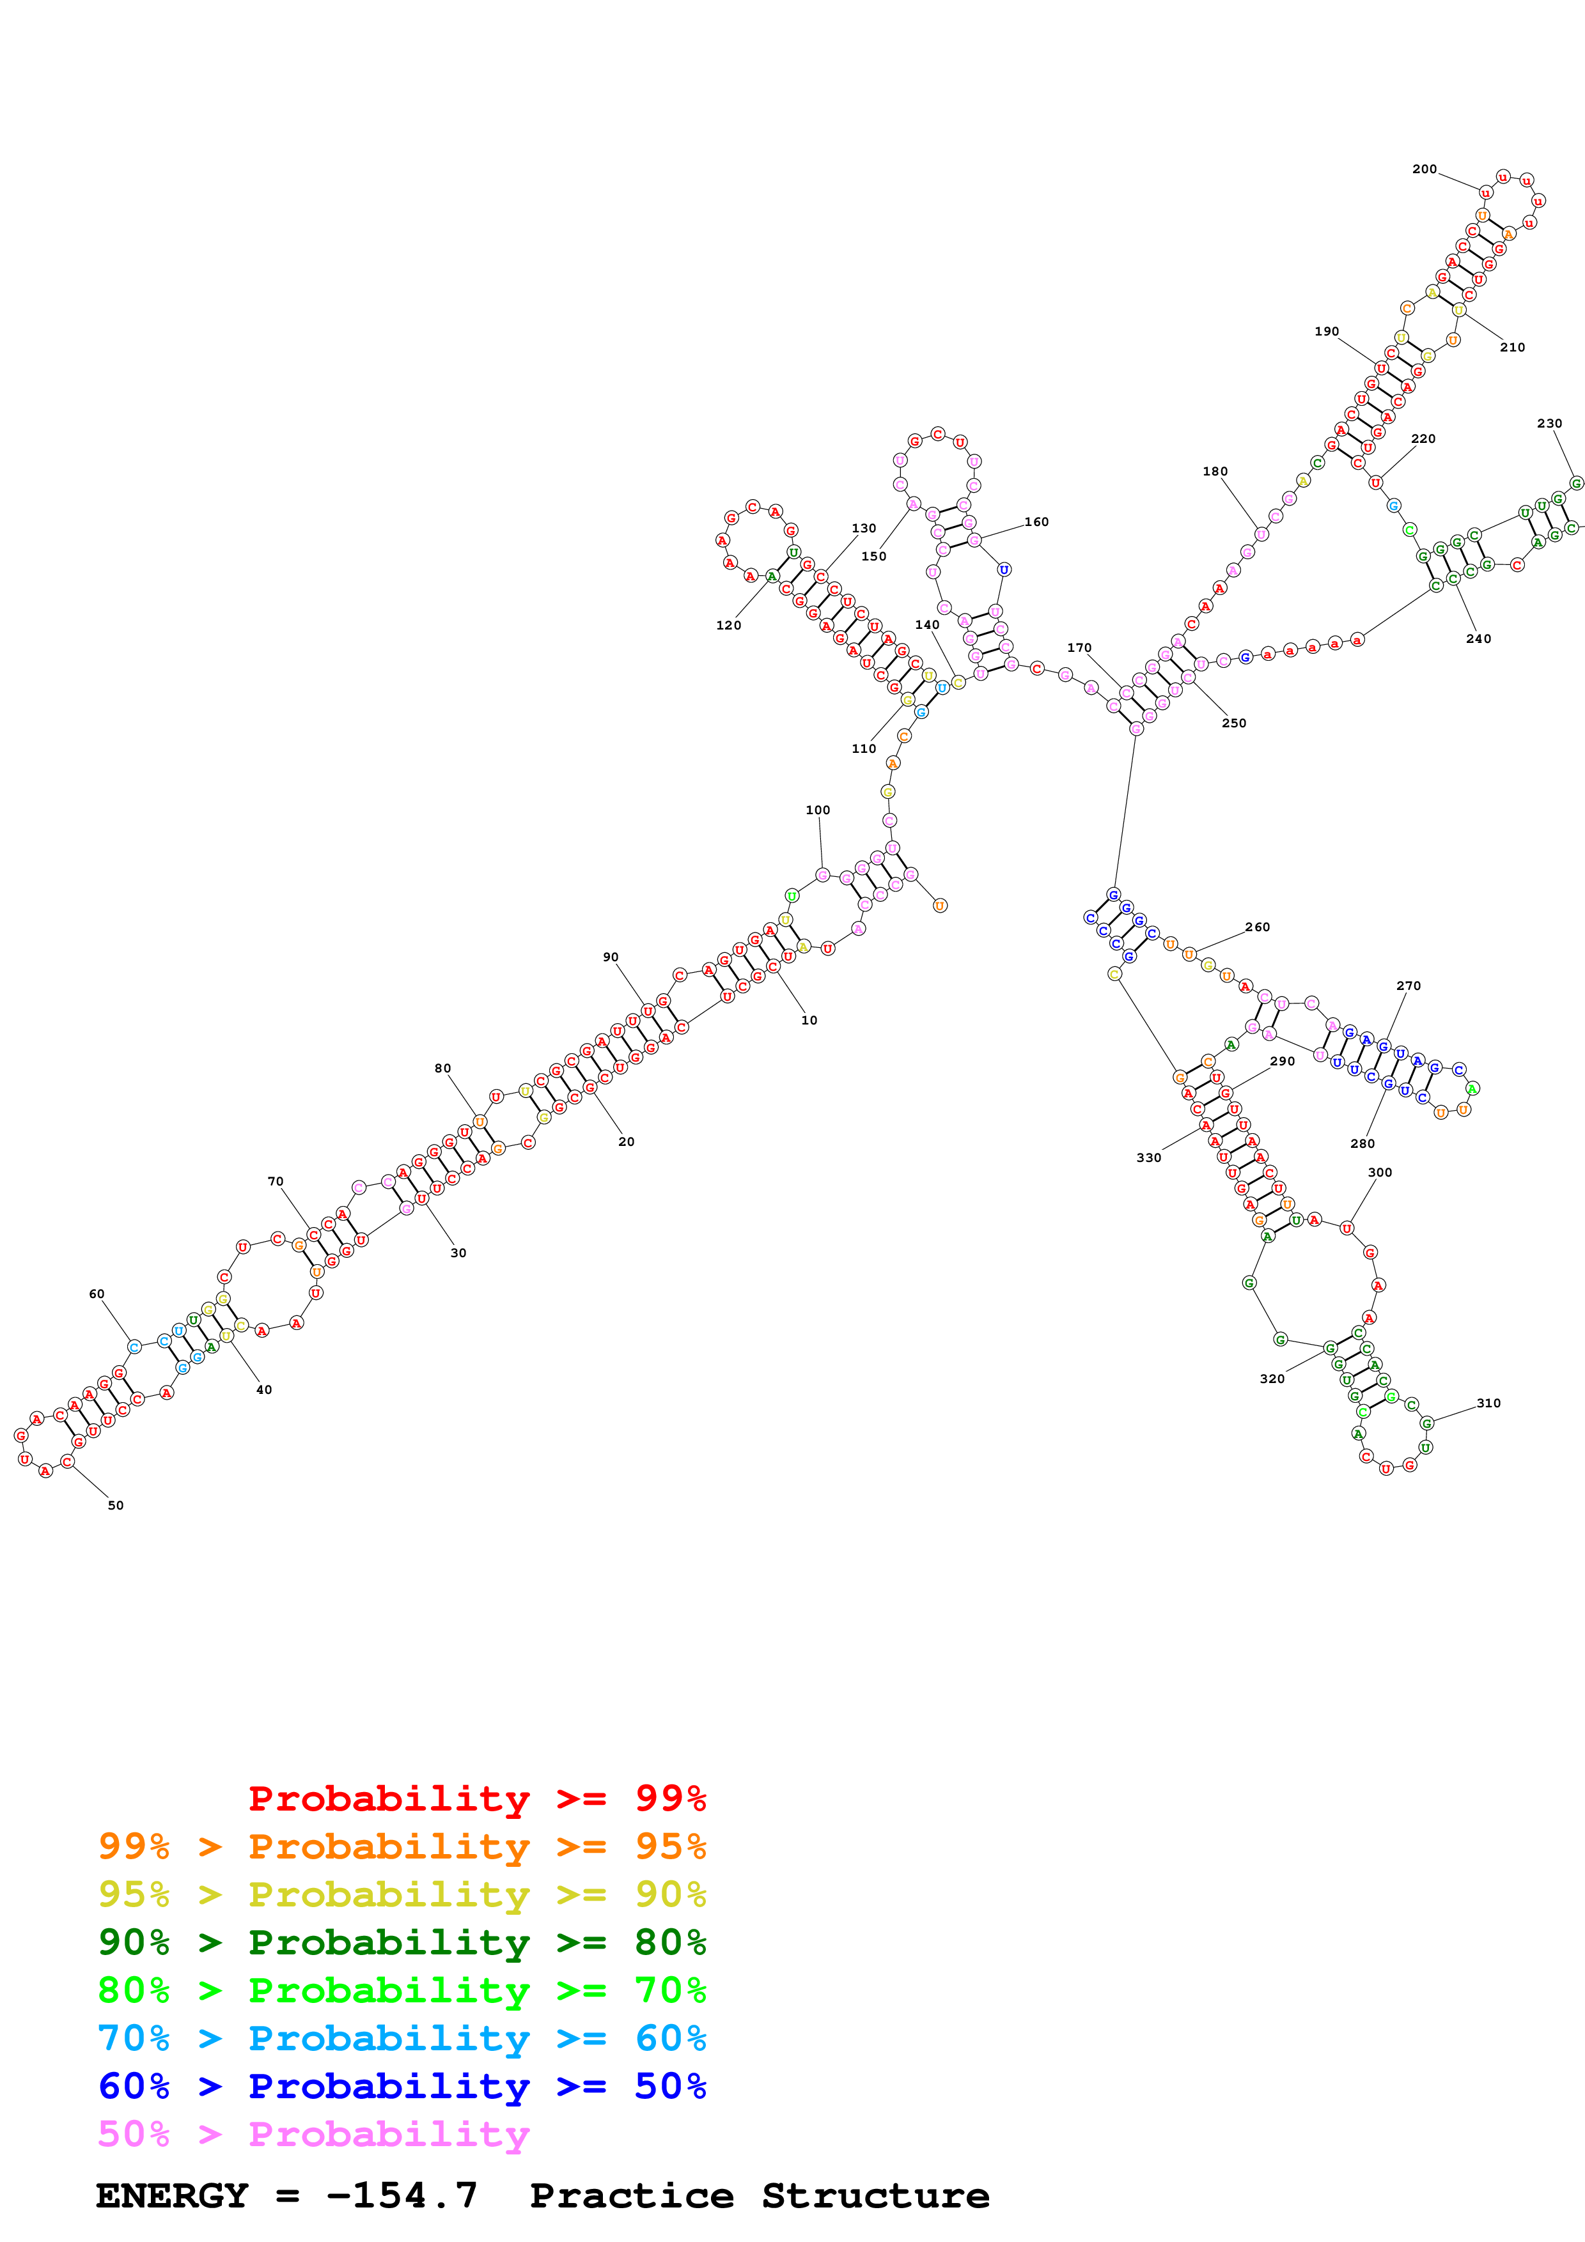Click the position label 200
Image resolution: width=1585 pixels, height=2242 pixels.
pyautogui.click(x=1424, y=169)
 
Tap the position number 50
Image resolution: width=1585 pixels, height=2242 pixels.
pyautogui.click(x=115, y=1504)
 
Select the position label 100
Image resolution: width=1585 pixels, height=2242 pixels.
pyautogui.click(x=817, y=810)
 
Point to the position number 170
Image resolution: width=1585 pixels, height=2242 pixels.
pyautogui.click(x=1079, y=647)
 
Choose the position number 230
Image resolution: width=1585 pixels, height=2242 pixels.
pyautogui.click(x=1549, y=423)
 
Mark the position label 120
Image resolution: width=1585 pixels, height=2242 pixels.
pyautogui.click(x=728, y=625)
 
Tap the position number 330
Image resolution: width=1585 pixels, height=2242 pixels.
pyautogui.click(x=1148, y=1157)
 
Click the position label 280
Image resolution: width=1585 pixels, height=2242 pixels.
pyautogui.click(x=1362, y=1143)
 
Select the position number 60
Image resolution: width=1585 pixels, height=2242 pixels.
pyautogui.click(x=97, y=1294)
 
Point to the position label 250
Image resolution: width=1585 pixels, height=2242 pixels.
pyautogui.click(x=1233, y=723)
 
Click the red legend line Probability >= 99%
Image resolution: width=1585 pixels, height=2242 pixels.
pyautogui.click(x=476, y=1798)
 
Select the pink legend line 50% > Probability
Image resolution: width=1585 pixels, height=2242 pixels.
pyautogui.click(x=313, y=2135)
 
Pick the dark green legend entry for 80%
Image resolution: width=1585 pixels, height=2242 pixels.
pyautogui.click(x=402, y=1942)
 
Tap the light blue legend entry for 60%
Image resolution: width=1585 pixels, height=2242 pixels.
pyautogui.click(x=402, y=2038)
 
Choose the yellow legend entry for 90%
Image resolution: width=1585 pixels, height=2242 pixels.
pyautogui.click(x=402, y=1894)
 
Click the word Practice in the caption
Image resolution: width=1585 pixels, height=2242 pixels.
pyautogui.click(x=631, y=2196)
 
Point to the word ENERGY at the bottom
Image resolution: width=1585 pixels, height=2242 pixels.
pyautogui.click(x=172, y=2196)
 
